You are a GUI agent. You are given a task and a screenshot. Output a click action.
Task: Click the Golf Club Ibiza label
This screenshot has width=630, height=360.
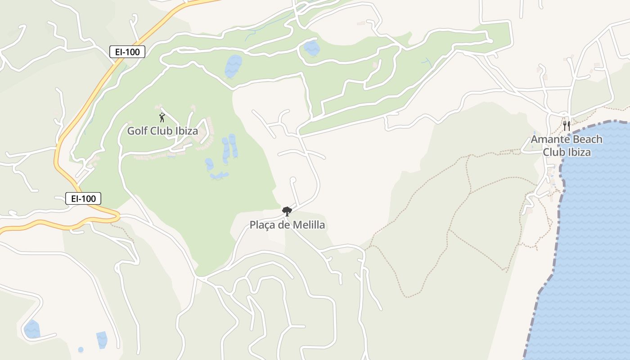pyautogui.click(x=162, y=131)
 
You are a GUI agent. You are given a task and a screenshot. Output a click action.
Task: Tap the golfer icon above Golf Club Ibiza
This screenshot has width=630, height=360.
pyautogui.click(x=162, y=118)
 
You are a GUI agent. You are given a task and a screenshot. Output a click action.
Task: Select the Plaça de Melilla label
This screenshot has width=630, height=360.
pyautogui.click(x=287, y=225)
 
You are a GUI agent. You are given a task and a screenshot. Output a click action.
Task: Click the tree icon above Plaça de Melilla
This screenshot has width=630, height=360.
pyautogui.click(x=287, y=211)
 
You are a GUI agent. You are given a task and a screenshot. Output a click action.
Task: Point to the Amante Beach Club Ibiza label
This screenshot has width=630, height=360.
pyautogui.click(x=567, y=145)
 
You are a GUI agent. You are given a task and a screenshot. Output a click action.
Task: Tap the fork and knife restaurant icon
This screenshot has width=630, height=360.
pyautogui.click(x=567, y=126)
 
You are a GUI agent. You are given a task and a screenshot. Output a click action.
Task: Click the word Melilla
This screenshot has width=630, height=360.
pyautogui.click(x=308, y=225)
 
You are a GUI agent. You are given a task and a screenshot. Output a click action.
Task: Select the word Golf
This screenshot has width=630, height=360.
pyautogui.click(x=137, y=131)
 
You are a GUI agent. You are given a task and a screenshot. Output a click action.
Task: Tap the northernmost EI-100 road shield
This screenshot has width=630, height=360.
pyautogui.click(x=127, y=52)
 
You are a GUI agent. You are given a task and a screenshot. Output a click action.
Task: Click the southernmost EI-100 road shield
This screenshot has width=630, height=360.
pyautogui.click(x=83, y=198)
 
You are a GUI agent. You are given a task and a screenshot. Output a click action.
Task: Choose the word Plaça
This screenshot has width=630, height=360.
pyautogui.click(x=262, y=225)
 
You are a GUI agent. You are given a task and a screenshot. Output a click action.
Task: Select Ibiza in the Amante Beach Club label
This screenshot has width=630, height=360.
pyautogui.click(x=577, y=152)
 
